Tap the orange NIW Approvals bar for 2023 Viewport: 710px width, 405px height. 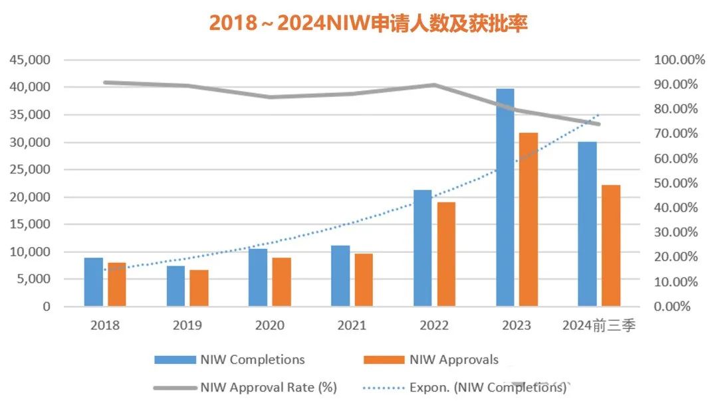click(x=529, y=219)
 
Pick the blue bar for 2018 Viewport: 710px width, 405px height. click(x=94, y=282)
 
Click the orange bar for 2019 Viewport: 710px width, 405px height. click(x=199, y=288)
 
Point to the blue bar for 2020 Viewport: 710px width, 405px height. click(x=258, y=278)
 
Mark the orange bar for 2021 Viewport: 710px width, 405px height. click(x=364, y=280)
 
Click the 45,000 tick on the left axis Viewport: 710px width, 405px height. click(x=31, y=60)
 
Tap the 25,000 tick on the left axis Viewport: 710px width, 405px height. click(x=31, y=169)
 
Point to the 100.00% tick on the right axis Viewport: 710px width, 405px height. click(x=679, y=60)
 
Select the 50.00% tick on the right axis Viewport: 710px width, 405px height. click(x=676, y=183)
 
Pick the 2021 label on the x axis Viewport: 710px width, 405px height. click(x=351, y=325)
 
